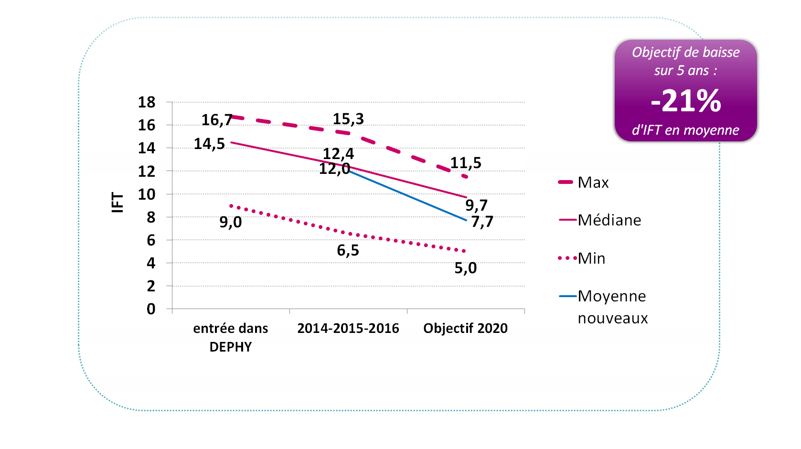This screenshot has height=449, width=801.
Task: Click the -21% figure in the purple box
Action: pyautogui.click(x=685, y=101)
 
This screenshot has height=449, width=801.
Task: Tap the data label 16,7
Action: pyautogui.click(x=216, y=120)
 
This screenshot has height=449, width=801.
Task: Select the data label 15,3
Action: pyautogui.click(x=348, y=119)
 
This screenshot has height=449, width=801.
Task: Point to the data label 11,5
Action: pyautogui.click(x=466, y=163)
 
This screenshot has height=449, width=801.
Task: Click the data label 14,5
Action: pyautogui.click(x=209, y=144)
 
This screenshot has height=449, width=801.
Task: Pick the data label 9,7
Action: pyautogui.click(x=476, y=205)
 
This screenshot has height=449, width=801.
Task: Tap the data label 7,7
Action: pyautogui.click(x=482, y=222)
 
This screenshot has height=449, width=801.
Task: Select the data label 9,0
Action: pyautogui.click(x=231, y=222)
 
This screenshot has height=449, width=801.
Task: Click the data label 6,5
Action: pyautogui.click(x=348, y=250)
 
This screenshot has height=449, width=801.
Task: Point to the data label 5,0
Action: pyautogui.click(x=465, y=268)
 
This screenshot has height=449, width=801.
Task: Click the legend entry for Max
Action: pyautogui.click(x=593, y=182)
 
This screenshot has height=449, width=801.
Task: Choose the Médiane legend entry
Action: pyautogui.click(x=609, y=220)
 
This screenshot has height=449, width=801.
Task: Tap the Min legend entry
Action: pyautogui.click(x=591, y=258)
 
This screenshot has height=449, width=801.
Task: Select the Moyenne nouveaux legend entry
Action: pyautogui.click(x=612, y=307)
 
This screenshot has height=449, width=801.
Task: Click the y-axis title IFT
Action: pyautogui.click(x=117, y=202)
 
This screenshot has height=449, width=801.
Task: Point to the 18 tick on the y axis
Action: pyautogui.click(x=147, y=102)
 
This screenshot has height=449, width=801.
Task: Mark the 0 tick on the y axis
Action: pyautogui.click(x=151, y=309)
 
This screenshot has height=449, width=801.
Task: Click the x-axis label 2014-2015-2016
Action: pyautogui.click(x=348, y=329)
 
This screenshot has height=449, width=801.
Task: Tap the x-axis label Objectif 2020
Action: pyautogui.click(x=465, y=329)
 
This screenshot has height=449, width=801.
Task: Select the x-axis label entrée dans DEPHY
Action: pyautogui.click(x=231, y=337)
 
